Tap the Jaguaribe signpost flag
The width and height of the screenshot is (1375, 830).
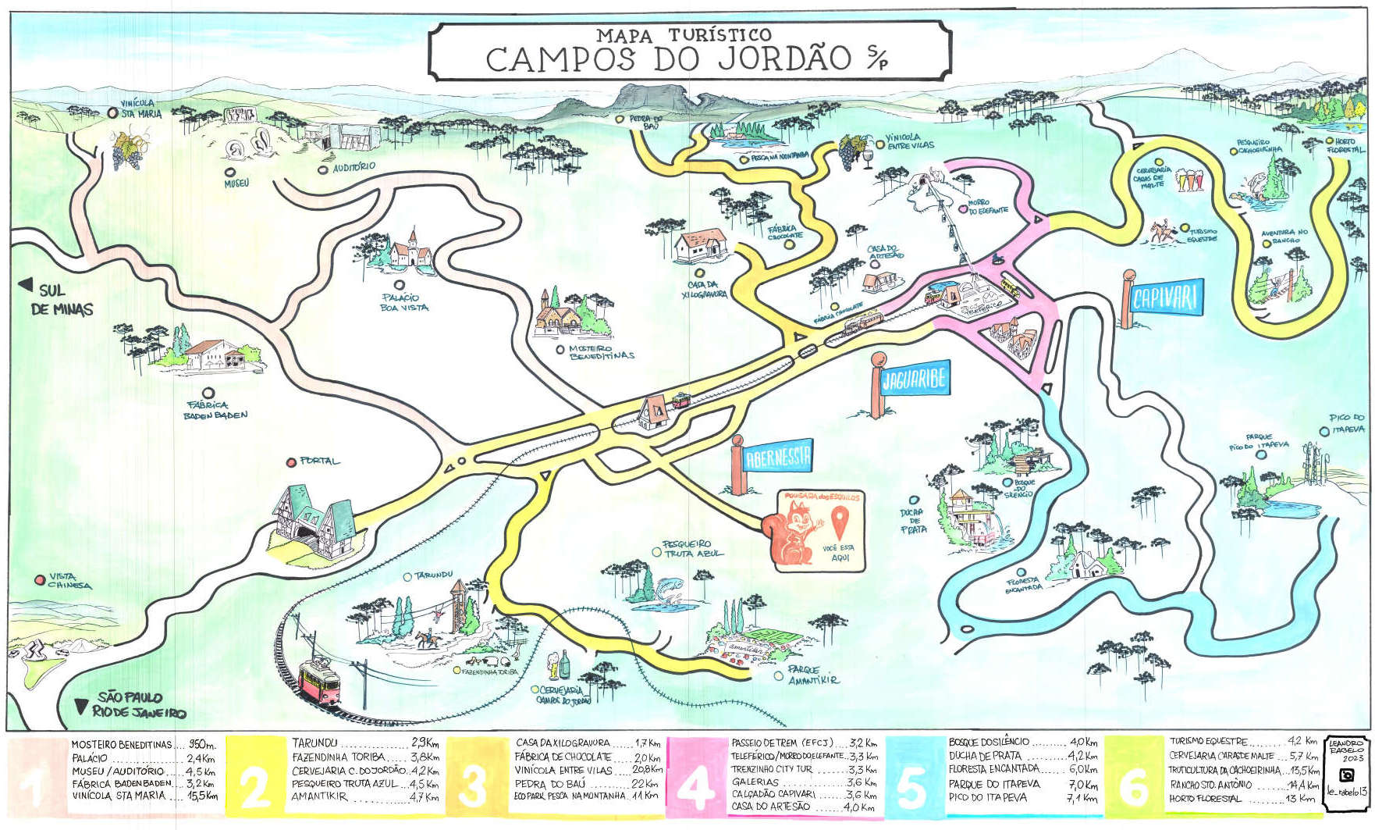pyautogui.click(x=914, y=379)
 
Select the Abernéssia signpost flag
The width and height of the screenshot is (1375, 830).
pyautogui.click(x=777, y=457)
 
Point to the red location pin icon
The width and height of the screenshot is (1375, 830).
pyautogui.click(x=840, y=521)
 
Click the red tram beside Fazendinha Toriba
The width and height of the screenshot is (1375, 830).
pyautogui.click(x=319, y=679)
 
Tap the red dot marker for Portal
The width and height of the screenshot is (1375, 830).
pyautogui.click(x=291, y=461)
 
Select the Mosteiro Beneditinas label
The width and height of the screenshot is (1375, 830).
pyautogui.click(x=601, y=352)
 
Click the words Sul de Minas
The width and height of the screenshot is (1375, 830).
pyautogui.click(x=61, y=300)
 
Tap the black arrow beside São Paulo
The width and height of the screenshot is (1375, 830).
pyautogui.click(x=80, y=707)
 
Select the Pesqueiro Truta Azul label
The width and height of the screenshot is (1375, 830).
pyautogui.click(x=691, y=548)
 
